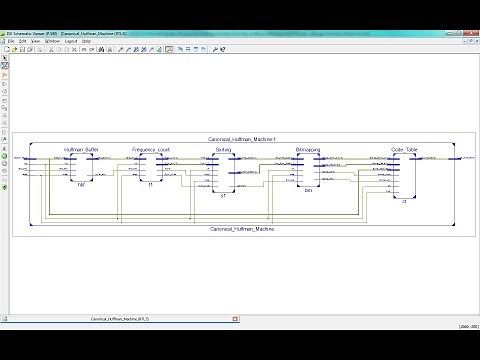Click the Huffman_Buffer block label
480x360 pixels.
coord(79,149)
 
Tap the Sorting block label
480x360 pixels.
coord(224,149)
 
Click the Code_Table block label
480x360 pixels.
coord(391,149)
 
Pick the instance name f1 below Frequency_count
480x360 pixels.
coord(152,185)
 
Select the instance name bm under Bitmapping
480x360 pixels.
coord(309,189)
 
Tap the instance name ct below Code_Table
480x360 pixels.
coord(390,200)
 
